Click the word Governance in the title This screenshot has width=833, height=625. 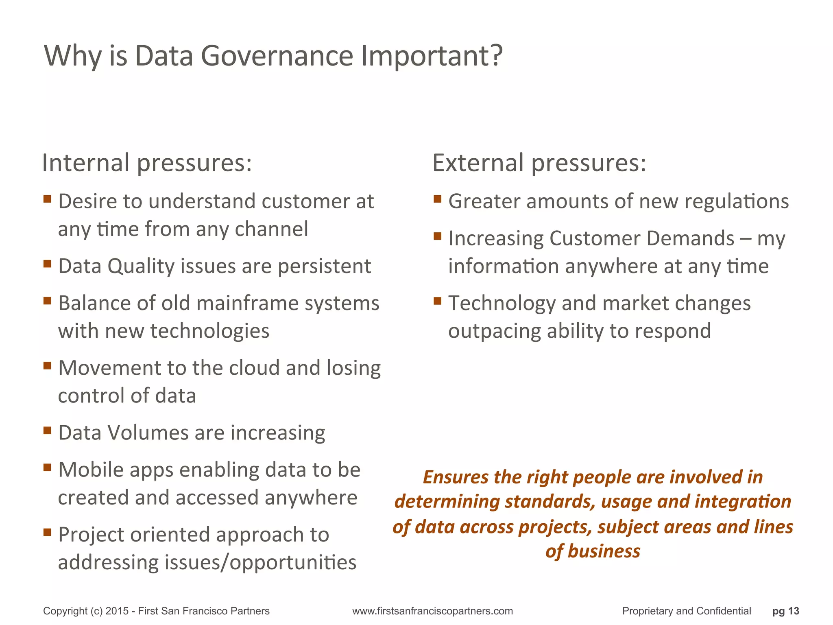(277, 56)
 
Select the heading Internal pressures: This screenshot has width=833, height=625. (147, 163)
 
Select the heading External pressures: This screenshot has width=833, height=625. (539, 163)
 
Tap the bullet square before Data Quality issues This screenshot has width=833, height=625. (47, 264)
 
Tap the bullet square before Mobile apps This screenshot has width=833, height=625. (47, 467)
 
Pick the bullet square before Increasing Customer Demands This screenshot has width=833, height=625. (438, 236)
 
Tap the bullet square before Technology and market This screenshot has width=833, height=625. (438, 301)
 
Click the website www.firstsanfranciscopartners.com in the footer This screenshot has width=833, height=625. (432, 611)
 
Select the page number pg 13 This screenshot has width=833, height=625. (785, 611)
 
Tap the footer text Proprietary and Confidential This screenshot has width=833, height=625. (686, 611)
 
